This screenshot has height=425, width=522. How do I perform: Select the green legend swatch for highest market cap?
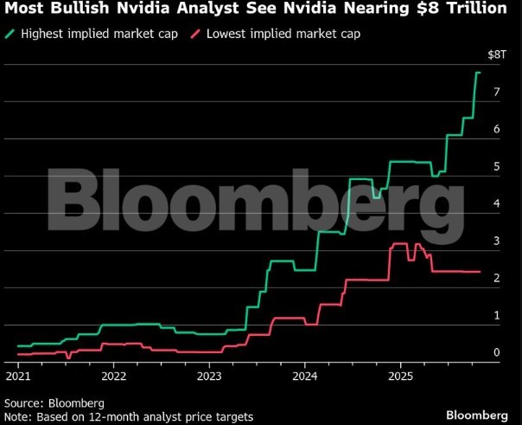click(x=10, y=34)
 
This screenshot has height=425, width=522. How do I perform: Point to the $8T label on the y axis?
click(x=496, y=55)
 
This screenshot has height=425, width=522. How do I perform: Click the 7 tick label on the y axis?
click(x=496, y=92)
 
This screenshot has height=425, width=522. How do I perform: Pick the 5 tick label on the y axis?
click(x=496, y=166)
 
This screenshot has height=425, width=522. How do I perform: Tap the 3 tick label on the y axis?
click(x=496, y=241)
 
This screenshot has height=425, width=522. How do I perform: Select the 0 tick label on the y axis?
click(x=496, y=352)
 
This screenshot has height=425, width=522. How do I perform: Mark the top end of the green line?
click(x=479, y=73)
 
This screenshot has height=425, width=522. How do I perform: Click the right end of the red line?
click(x=480, y=272)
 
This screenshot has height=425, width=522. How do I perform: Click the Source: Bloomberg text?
click(x=54, y=402)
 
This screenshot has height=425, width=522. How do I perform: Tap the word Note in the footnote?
click(x=17, y=417)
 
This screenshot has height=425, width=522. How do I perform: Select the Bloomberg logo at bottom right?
click(x=476, y=413)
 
